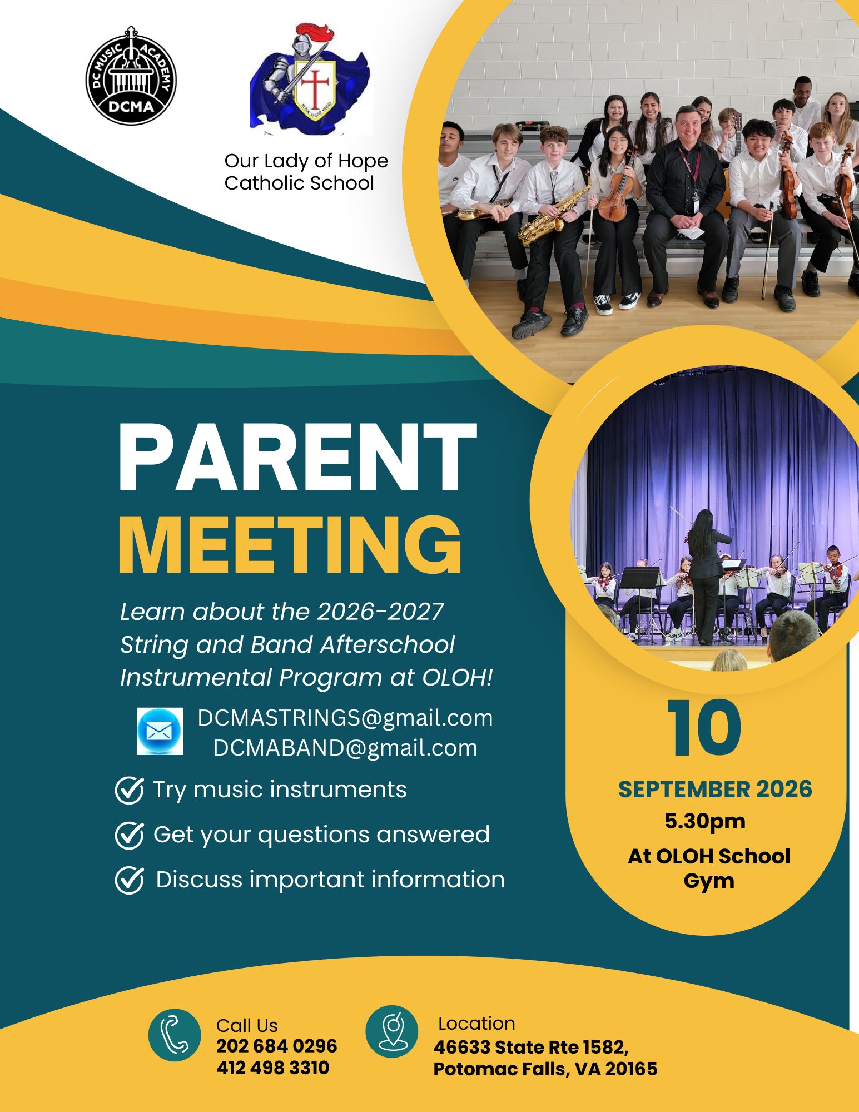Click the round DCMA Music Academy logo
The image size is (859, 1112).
click(x=131, y=76)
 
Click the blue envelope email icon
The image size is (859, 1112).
click(x=160, y=731)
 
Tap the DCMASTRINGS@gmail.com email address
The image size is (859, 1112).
click(x=345, y=718)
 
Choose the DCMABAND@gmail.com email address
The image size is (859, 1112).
click(x=345, y=748)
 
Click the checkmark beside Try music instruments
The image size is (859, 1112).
click(x=130, y=790)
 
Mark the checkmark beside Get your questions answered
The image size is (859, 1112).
click(x=130, y=835)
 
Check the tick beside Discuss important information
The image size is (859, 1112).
click(x=130, y=880)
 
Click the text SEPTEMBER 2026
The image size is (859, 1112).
click(x=715, y=790)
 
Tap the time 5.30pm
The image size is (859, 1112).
click(x=705, y=821)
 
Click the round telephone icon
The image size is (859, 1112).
click(x=175, y=1035)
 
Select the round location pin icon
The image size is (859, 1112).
click(x=391, y=1031)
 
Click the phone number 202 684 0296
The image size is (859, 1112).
click(x=277, y=1046)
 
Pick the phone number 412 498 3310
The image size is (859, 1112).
click(x=273, y=1068)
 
